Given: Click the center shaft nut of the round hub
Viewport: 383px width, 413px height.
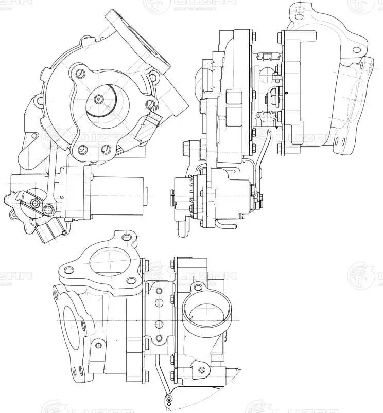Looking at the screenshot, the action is (x=99, y=98).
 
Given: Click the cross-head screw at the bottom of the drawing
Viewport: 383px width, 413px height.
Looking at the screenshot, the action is (x=170, y=400).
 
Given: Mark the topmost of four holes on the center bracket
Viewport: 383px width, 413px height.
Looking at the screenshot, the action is (x=159, y=290).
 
